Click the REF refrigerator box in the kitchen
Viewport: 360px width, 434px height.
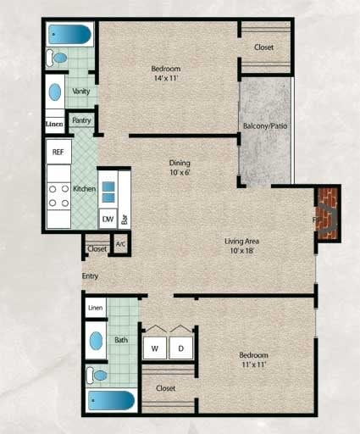click(x=58, y=153)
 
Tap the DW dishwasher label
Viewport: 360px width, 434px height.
click(x=108, y=220)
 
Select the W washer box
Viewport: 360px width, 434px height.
click(x=156, y=348)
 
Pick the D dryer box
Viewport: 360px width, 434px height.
click(x=180, y=348)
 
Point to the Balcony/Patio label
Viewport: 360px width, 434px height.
click(x=265, y=126)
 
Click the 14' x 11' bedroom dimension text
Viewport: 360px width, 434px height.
click(x=166, y=80)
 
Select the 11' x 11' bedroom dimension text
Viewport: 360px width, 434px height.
click(x=253, y=365)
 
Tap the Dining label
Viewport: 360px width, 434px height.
click(x=179, y=163)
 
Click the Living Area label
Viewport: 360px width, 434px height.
click(x=241, y=240)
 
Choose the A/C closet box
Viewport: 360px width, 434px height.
click(x=120, y=245)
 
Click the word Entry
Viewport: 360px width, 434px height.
click(x=90, y=276)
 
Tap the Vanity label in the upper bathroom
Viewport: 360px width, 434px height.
click(x=81, y=91)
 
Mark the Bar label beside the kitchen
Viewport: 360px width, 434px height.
click(x=125, y=219)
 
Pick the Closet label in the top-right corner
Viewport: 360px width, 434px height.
click(x=264, y=47)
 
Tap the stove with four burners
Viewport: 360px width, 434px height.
click(x=58, y=197)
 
